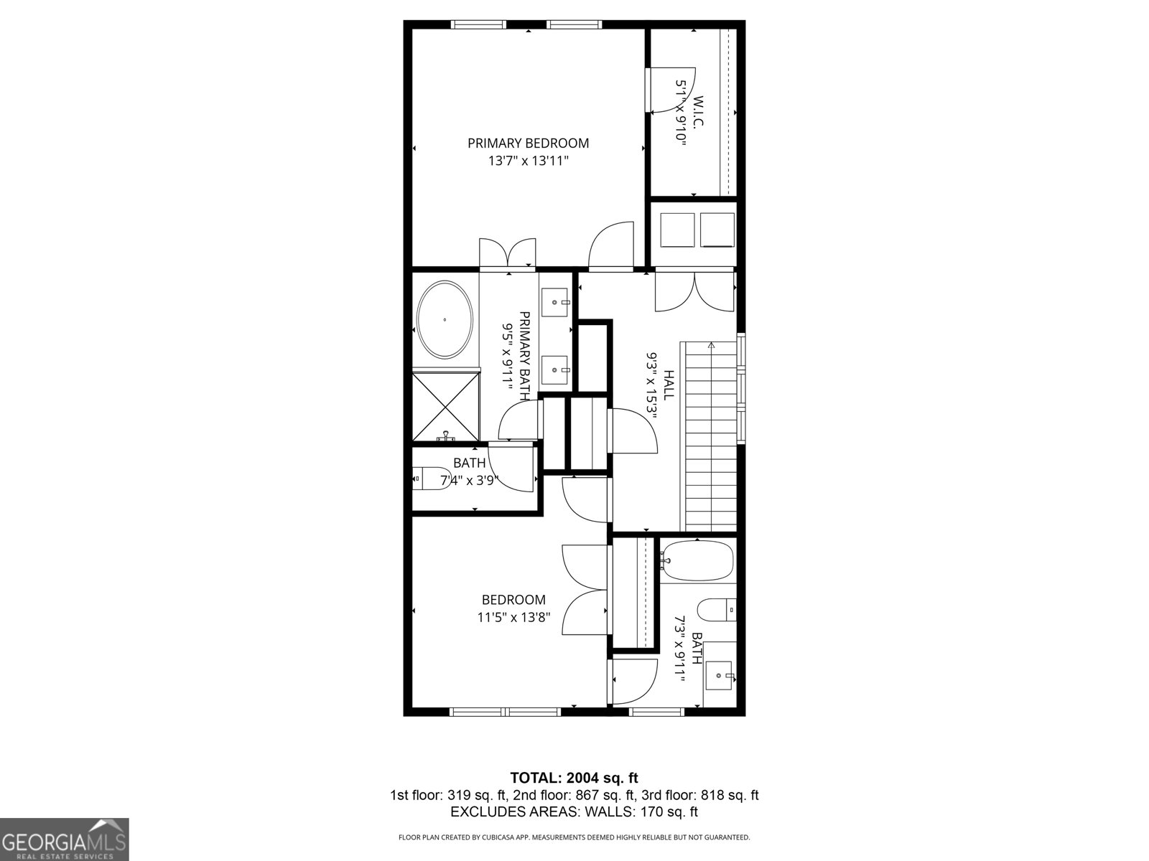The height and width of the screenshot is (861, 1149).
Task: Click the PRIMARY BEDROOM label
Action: pos(528,143)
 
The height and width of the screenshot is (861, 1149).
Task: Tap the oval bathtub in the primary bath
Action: pos(445,320)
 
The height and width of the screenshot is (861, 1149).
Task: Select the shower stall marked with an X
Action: pos(446,407)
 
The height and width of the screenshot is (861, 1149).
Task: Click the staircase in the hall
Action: pos(710,438)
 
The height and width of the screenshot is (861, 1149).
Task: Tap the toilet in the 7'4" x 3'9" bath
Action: pos(429,477)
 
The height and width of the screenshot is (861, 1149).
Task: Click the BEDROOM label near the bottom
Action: pos(513,600)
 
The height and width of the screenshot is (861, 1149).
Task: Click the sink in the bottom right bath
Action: pos(720,675)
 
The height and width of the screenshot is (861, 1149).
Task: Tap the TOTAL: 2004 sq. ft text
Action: pos(574,778)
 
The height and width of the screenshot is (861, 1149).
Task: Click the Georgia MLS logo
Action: pos(65,839)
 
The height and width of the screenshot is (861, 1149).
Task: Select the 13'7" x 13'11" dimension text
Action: pos(528,161)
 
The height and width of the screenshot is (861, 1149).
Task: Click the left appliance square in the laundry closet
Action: pos(677,230)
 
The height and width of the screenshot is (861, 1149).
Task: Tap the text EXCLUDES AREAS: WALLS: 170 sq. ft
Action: pos(574,812)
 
